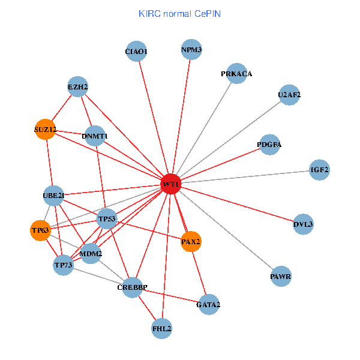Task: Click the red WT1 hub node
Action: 171,184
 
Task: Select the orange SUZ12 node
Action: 45,129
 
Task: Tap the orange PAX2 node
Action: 191,241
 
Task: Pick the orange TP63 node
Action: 40,230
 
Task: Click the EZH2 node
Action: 78,87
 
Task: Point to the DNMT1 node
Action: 95,136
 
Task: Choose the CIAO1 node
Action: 136,52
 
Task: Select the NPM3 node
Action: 191,49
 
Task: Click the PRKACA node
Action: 237,74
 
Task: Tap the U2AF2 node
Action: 289,95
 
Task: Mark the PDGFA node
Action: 269,145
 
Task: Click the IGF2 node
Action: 319,170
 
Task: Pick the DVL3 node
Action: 303,224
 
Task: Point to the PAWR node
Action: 281,277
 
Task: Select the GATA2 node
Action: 208,305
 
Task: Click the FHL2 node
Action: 162,328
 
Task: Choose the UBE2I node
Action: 53,195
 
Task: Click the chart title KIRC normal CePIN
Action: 179,13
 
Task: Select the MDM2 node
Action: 91,253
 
